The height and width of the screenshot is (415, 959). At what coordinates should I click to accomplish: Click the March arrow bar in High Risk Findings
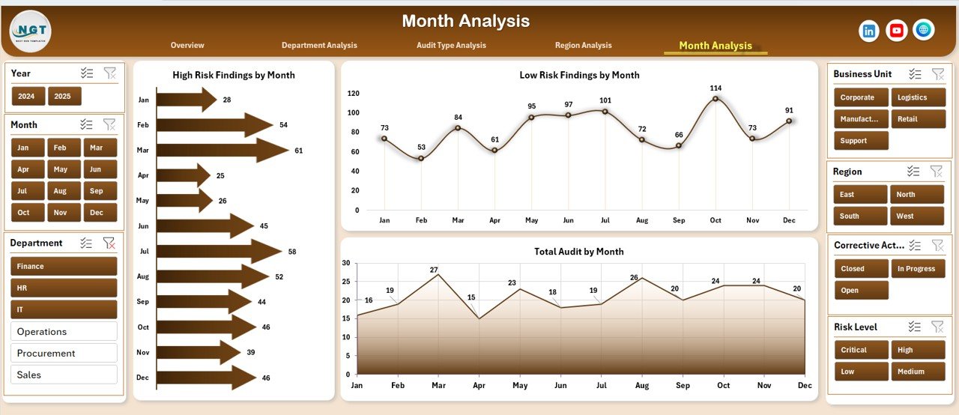[221, 151]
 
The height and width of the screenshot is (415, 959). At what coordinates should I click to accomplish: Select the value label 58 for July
[292, 252]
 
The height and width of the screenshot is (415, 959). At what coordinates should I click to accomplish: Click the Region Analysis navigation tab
[583, 46]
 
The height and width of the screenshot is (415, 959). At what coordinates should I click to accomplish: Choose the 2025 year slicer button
[64, 97]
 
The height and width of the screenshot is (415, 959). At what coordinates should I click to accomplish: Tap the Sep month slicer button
[100, 191]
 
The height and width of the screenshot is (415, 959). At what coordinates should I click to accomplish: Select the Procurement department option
[64, 353]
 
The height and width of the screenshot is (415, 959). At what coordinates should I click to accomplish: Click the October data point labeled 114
[716, 99]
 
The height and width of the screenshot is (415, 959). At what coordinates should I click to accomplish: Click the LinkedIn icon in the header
[869, 31]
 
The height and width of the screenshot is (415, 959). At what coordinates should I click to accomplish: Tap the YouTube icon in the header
[896, 31]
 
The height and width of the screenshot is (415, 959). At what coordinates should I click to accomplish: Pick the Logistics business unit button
[912, 97]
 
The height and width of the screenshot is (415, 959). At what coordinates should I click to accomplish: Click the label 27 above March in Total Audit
[434, 270]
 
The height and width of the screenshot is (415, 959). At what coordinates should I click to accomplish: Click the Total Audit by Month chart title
[578, 252]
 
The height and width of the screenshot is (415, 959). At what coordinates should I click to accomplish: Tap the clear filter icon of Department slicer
[109, 243]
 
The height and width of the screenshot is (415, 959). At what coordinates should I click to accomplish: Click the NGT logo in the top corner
[30, 31]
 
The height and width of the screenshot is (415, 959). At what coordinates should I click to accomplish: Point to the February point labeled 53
[421, 158]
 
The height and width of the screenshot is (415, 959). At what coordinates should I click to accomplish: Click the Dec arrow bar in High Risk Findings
[206, 378]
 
